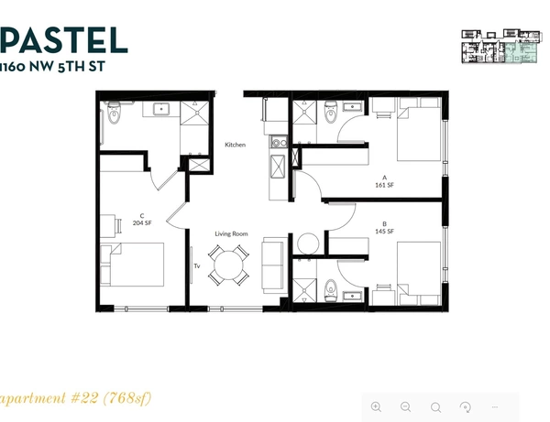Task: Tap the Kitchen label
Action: tap(235, 146)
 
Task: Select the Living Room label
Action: tap(231, 234)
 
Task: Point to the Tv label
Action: tap(196, 266)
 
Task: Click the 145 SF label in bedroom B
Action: tap(384, 231)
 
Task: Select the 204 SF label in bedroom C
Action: tap(142, 222)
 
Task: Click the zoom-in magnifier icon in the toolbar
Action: tap(376, 406)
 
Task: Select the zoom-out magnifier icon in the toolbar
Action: tap(405, 406)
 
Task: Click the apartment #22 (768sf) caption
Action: tap(75, 398)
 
